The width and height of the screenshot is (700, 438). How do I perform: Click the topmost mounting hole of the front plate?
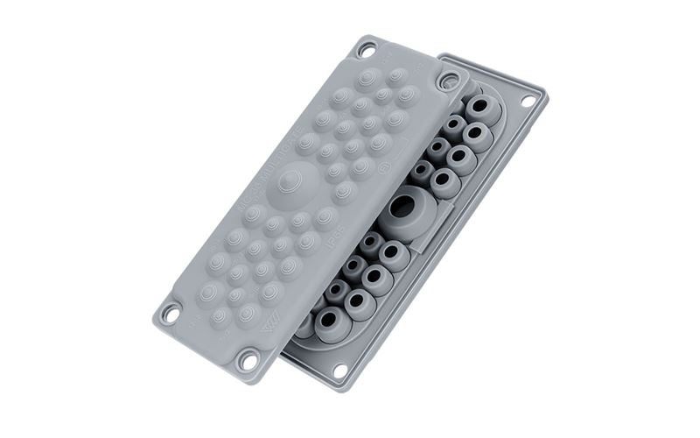pos(366,50)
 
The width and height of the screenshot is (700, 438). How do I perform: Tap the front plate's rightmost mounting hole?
pos(449,81)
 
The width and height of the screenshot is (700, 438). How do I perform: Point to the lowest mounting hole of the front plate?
pos(250,358)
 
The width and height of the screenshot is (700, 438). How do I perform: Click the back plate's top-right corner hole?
pos(528,101)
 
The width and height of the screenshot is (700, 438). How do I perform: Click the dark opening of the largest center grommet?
pos(402,208)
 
